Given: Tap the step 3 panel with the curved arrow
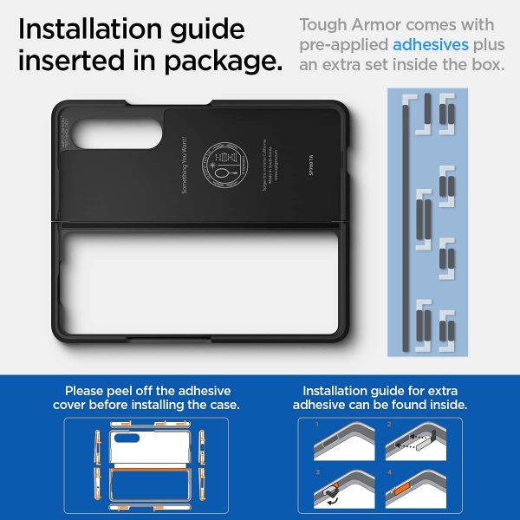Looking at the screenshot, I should (336, 488).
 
